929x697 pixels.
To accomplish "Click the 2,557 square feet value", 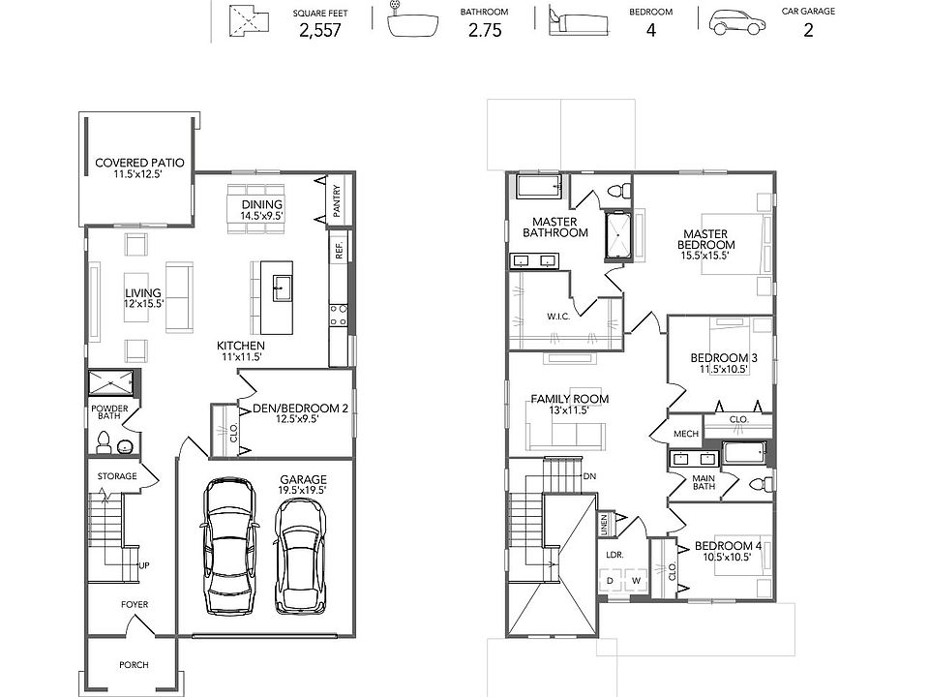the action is click(320, 30).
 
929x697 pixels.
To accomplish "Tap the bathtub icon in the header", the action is click(413, 21).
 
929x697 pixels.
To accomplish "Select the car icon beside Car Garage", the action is click(736, 22).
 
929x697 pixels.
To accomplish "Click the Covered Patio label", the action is click(139, 163).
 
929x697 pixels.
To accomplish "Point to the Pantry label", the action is click(337, 201).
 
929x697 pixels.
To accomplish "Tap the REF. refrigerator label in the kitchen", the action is click(340, 251).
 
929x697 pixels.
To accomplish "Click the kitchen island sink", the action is click(282, 288).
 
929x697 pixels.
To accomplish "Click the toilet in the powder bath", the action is click(104, 442).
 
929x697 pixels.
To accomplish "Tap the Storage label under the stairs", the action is click(117, 476).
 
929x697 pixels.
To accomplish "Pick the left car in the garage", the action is click(230, 546).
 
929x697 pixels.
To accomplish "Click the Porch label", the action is click(134, 665).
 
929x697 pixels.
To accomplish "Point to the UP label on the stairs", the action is click(144, 565).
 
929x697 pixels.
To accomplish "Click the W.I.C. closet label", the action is click(558, 317).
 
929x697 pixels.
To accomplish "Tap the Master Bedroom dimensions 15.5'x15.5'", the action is click(704, 256).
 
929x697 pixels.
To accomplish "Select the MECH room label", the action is click(686, 434).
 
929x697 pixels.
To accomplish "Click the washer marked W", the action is click(637, 582).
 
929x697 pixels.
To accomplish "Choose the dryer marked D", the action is click(611, 582).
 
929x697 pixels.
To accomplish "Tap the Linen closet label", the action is click(604, 524).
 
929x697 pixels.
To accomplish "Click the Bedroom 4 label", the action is click(728, 546).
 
